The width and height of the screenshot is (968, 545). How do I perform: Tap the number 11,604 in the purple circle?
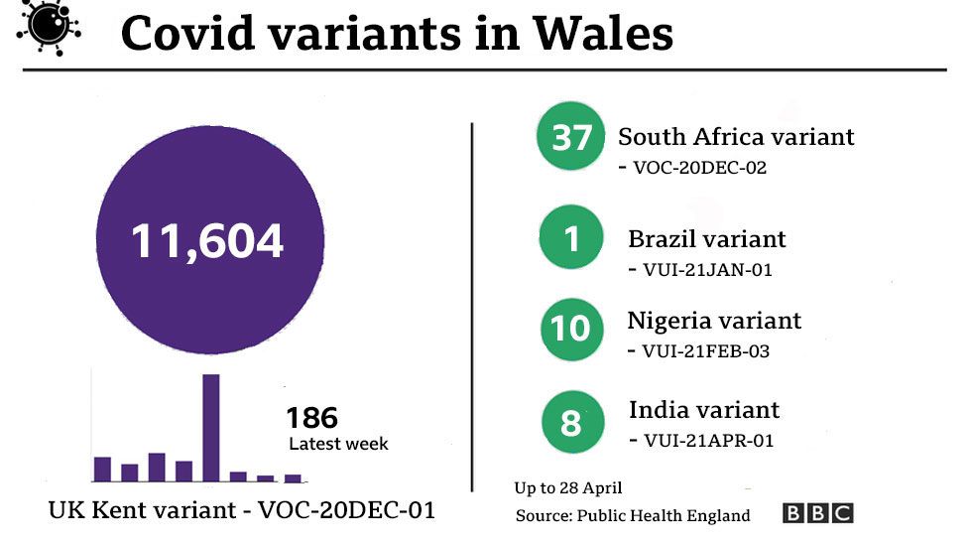(x=207, y=241)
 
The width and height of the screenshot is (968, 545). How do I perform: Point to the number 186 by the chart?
(x=311, y=417)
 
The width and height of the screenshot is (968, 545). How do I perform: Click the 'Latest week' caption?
(x=338, y=444)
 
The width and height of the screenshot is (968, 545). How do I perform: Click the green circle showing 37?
(x=571, y=137)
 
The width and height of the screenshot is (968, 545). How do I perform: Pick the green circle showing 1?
(x=571, y=239)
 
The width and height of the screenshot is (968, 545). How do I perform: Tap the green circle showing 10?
(x=571, y=329)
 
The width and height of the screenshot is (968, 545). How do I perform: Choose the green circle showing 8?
(x=571, y=423)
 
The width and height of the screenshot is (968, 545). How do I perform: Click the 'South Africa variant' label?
(x=736, y=137)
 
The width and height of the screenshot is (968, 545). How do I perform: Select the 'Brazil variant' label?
(x=706, y=239)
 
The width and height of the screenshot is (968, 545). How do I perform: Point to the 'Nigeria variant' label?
(x=714, y=321)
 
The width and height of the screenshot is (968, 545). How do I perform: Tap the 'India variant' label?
(x=704, y=410)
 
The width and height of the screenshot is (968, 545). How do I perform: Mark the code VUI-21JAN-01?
(x=706, y=269)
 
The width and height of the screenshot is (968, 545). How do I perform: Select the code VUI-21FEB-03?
(x=705, y=350)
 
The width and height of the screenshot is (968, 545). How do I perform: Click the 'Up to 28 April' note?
(x=567, y=487)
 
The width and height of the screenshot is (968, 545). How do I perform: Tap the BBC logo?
(x=817, y=513)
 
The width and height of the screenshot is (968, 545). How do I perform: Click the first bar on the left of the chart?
(x=102, y=469)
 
